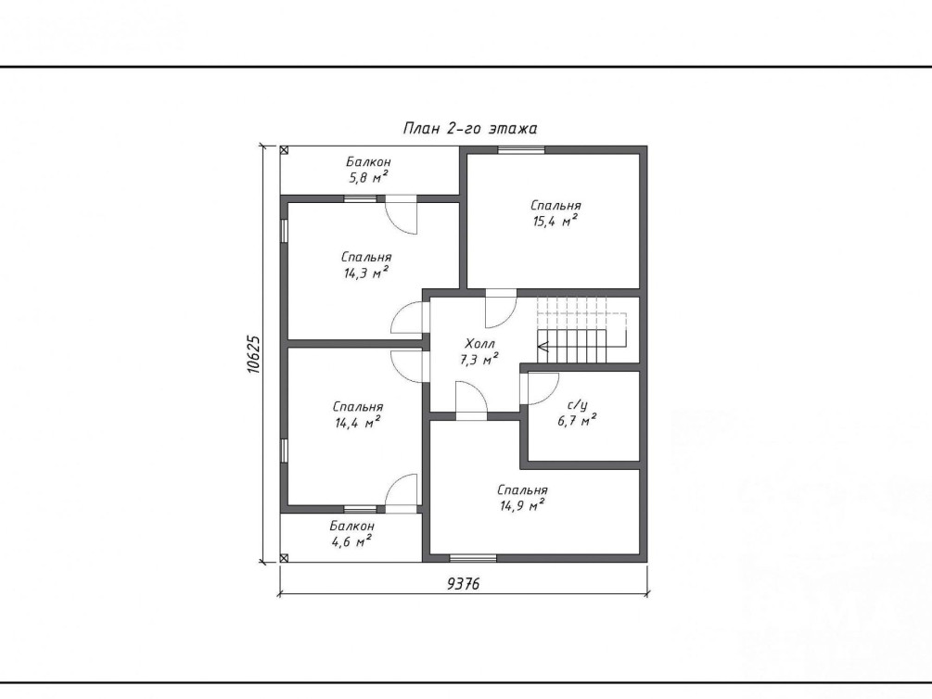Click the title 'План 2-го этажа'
470,128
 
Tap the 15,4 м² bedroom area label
555,222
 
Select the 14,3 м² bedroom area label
365,273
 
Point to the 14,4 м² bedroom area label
357,423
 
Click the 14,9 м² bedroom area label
522,506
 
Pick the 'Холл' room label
479,344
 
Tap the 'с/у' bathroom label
577,405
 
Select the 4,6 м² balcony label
351,540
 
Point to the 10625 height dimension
254,354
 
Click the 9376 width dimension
463,584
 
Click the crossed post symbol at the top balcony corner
284,150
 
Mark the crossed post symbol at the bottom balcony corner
284,557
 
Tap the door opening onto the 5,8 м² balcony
402,215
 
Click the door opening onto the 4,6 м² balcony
402,492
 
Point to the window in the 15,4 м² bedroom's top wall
521,149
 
